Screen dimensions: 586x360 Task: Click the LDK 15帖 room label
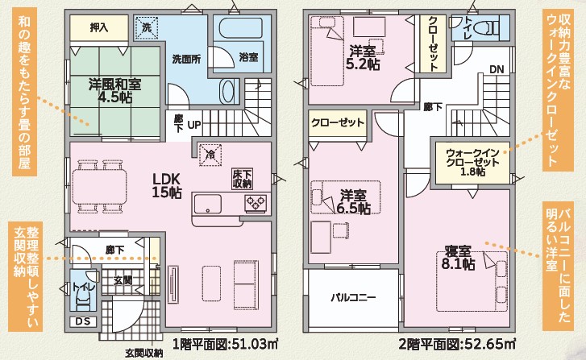pyautogui.click(x=167, y=185)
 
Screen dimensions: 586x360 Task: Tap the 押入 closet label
pyautogui.click(x=99, y=27)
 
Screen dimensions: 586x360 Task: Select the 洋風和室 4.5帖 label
pyautogui.click(x=115, y=90)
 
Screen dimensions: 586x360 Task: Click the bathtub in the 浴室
pyautogui.click(x=241, y=28)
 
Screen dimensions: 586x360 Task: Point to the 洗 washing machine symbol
pyautogui.click(x=147, y=27)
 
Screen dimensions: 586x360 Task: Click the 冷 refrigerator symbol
pyautogui.click(x=210, y=155)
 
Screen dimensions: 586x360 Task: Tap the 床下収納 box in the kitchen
pyautogui.click(x=242, y=179)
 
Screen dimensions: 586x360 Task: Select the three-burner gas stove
pyautogui.click(x=256, y=204)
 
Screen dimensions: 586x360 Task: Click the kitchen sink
pyautogui.click(x=207, y=204)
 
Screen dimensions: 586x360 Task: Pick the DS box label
pyautogui.click(x=83, y=321)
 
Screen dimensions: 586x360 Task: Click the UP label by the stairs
pyautogui.click(x=194, y=125)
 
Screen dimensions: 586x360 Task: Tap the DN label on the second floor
pyautogui.click(x=497, y=69)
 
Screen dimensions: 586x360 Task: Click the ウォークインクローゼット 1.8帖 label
pyautogui.click(x=473, y=163)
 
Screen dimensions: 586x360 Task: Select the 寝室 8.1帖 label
pyautogui.click(x=458, y=257)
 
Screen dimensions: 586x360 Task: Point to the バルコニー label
pyautogui.click(x=353, y=298)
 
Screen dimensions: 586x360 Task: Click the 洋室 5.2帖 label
pyautogui.click(x=363, y=58)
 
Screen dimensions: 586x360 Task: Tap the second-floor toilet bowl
pyautogui.click(x=489, y=28)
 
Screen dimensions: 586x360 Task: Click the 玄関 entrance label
pyautogui.click(x=123, y=280)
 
